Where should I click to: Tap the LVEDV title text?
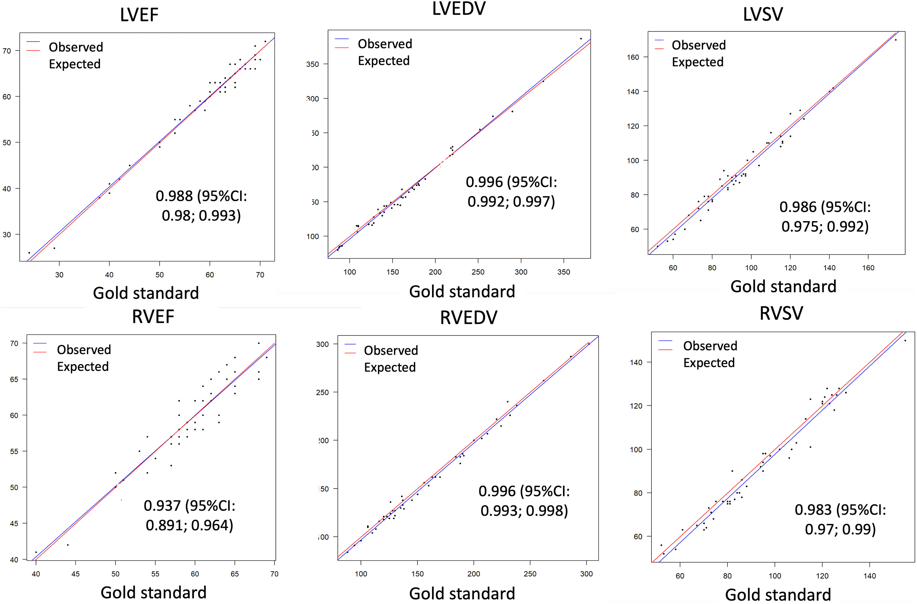tap(459, 9)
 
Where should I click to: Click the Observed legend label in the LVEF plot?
tap(76, 47)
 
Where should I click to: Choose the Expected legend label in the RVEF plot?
tap(83, 366)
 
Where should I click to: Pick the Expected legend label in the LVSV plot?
tap(697, 62)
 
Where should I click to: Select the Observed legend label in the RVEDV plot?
tap(391, 350)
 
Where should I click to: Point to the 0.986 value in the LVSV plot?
tap(798, 207)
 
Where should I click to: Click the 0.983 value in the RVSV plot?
tap(813, 510)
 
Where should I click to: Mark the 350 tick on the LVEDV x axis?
tap(563, 272)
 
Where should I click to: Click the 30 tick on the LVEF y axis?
tap(7, 235)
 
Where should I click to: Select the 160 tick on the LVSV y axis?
tap(633, 57)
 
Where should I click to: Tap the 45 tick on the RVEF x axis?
tap(75, 574)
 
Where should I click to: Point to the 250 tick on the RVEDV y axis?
tap(322, 393)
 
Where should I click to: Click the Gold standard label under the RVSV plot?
tap(778, 594)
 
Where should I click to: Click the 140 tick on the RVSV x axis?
tap(870, 576)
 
